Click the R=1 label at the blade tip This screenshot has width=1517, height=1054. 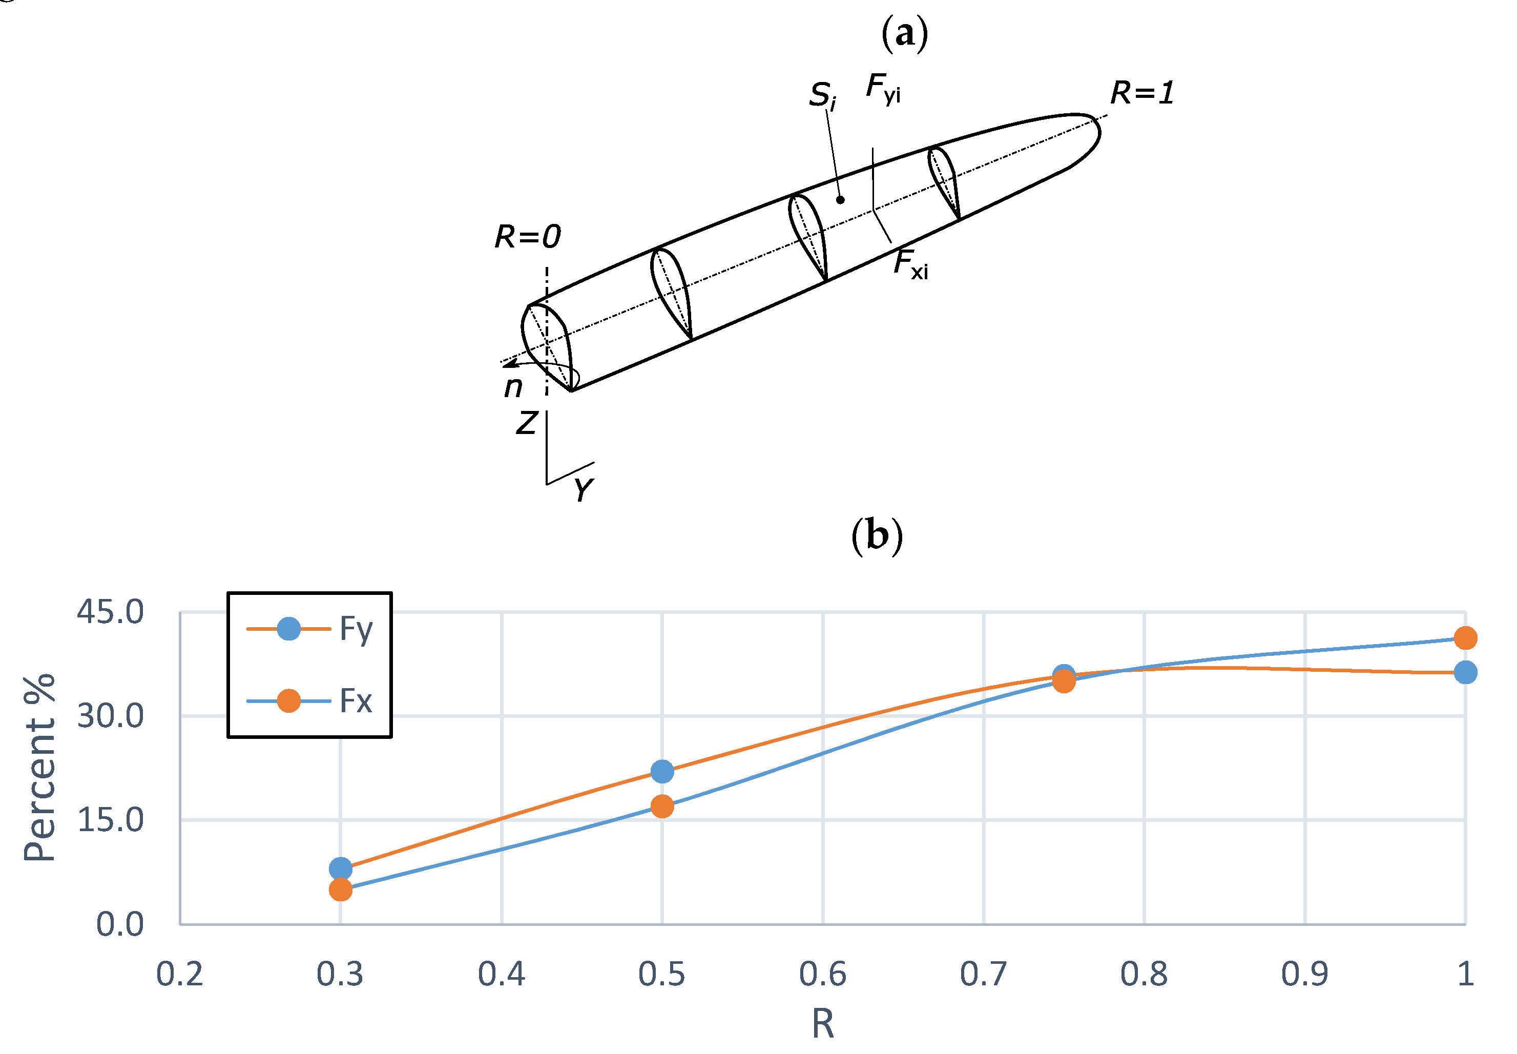pyautogui.click(x=1141, y=92)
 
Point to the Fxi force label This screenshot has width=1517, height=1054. pyautogui.click(x=910, y=264)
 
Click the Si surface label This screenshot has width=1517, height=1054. pyautogui.click(x=822, y=96)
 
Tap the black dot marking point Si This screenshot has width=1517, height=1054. pyautogui.click(x=840, y=199)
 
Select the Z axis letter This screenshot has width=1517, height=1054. pyautogui.click(x=526, y=423)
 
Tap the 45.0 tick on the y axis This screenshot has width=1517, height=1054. pyautogui.click(x=110, y=612)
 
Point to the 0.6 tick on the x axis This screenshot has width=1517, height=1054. pyautogui.click(x=822, y=974)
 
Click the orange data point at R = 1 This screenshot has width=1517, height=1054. pyautogui.click(x=1465, y=638)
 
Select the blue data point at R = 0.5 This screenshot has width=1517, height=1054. pyautogui.click(x=661, y=771)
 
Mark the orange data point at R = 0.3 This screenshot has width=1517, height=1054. pyautogui.click(x=340, y=890)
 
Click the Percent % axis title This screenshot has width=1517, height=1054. pyautogui.click(x=39, y=768)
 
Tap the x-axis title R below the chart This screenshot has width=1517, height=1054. pyautogui.click(x=822, y=1024)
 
